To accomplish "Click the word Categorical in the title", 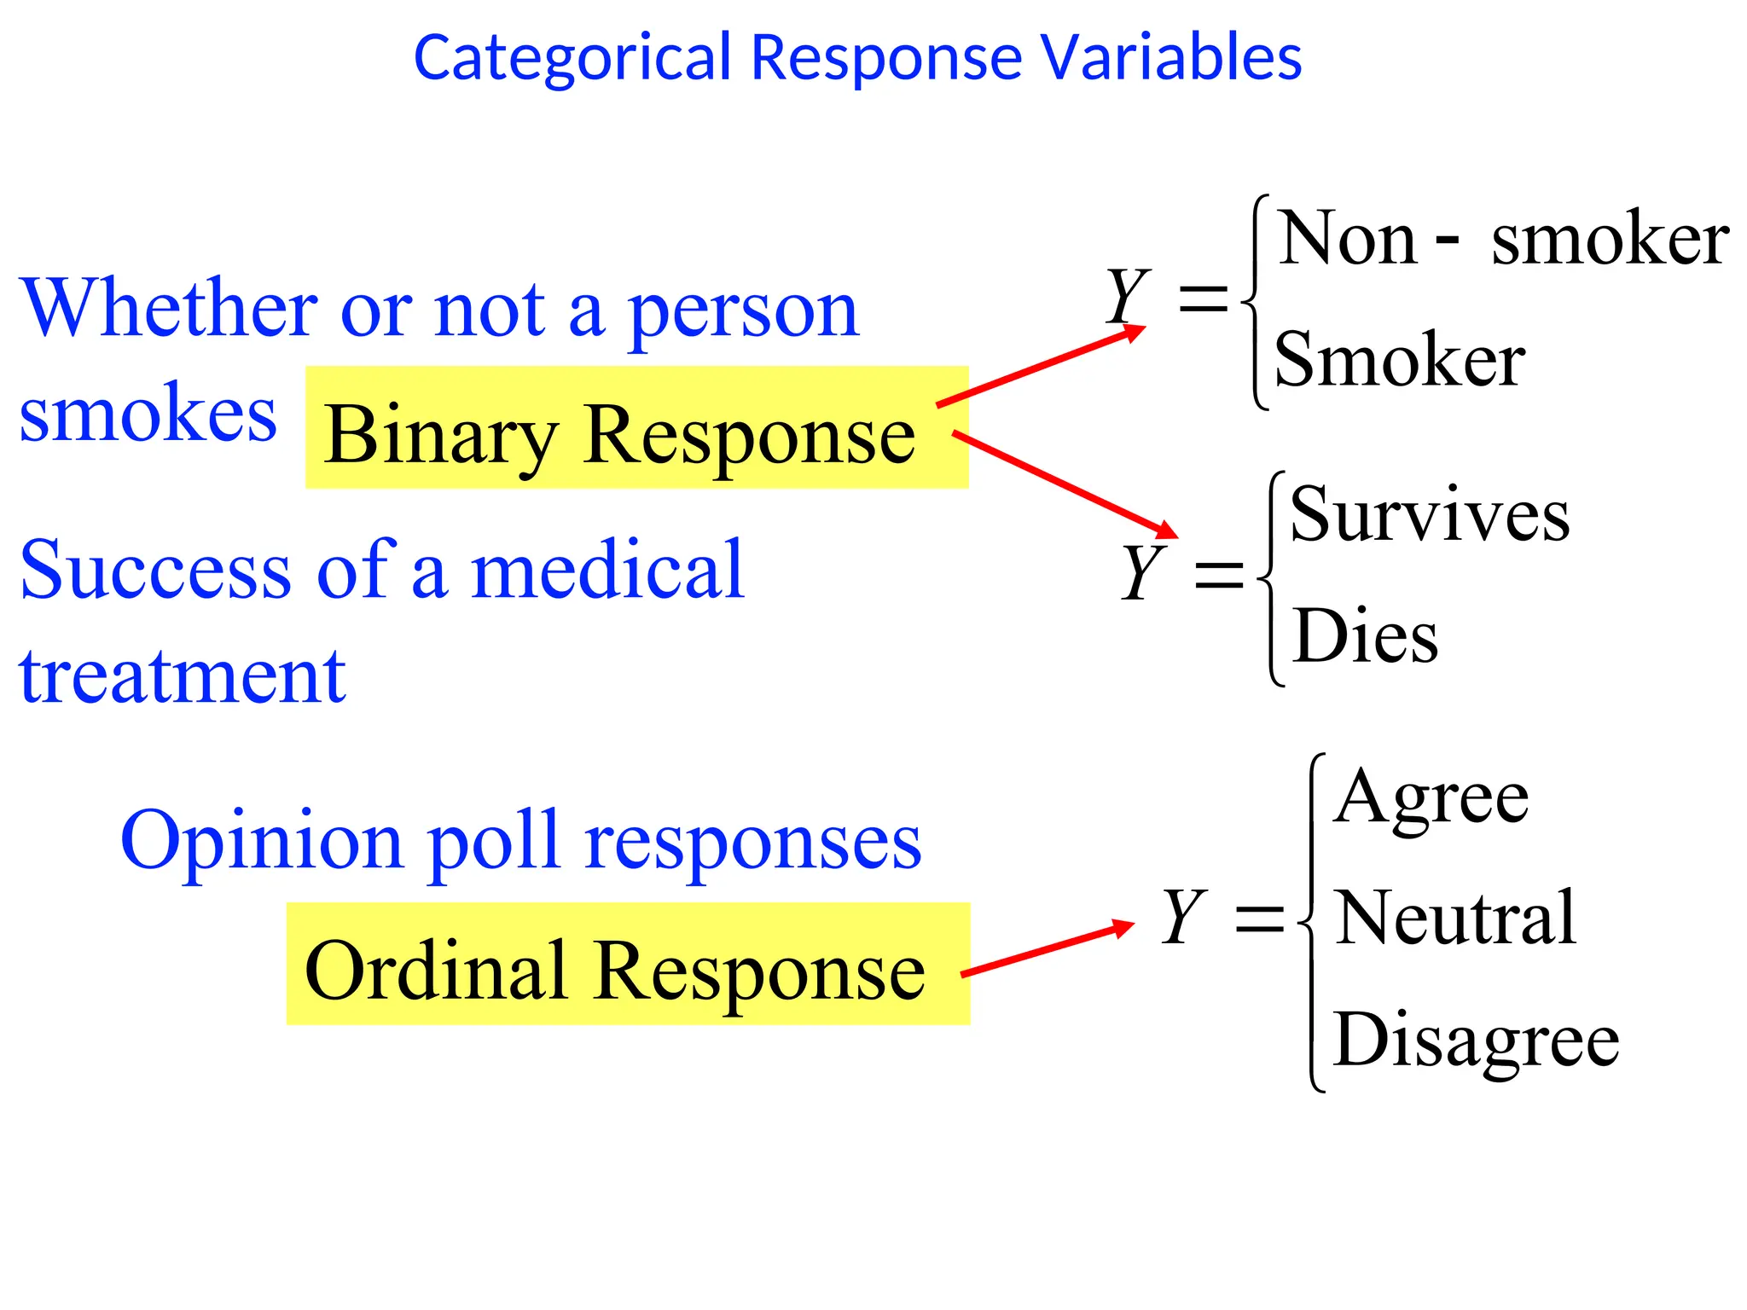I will pyautogui.click(x=572, y=58).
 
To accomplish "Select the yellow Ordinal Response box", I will pyautogui.click(x=628, y=965).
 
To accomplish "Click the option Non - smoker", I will pyautogui.click(x=1502, y=240).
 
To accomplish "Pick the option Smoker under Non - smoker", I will pyautogui.click(x=1399, y=360).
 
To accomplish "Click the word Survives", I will pyautogui.click(x=1429, y=515).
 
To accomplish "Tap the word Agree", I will pyautogui.click(x=1431, y=797).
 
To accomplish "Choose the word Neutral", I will pyautogui.click(x=1454, y=919).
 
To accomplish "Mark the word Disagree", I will pyautogui.click(x=1476, y=1040).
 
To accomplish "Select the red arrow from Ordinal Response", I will pyautogui.click(x=1048, y=949).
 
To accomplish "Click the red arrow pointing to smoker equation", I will pyautogui.click(x=1041, y=367).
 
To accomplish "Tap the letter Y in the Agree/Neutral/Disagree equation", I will pyautogui.click(x=1184, y=916).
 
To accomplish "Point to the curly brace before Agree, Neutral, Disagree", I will pyautogui.click(x=1313, y=922).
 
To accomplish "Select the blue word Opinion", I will pyautogui.click(x=261, y=841).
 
